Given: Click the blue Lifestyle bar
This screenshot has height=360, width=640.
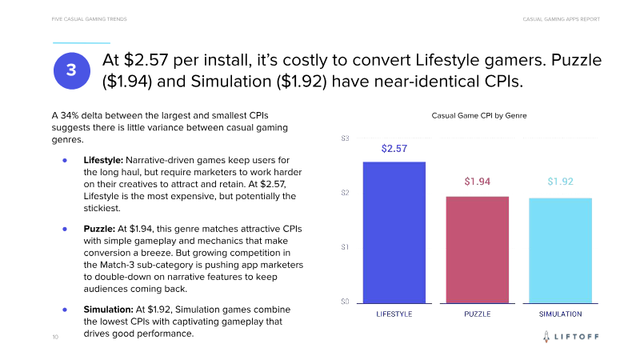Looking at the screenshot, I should (x=394, y=232).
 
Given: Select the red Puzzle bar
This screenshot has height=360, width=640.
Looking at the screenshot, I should (x=478, y=250).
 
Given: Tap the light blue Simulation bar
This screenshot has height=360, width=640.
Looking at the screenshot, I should (x=560, y=250).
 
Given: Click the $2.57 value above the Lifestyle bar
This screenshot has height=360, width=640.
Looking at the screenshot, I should (x=394, y=149).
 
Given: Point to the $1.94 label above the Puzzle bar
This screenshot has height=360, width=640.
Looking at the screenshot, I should (x=478, y=182).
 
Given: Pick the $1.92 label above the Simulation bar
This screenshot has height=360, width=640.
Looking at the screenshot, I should (x=560, y=182).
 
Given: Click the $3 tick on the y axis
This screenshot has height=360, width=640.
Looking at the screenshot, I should (x=345, y=138).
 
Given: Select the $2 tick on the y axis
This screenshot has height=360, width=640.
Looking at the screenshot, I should (x=345, y=193).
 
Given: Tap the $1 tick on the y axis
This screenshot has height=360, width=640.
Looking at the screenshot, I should (x=345, y=247).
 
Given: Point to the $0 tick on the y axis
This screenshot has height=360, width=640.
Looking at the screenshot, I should (x=345, y=302).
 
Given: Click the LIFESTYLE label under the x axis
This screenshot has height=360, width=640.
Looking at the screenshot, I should (x=394, y=314).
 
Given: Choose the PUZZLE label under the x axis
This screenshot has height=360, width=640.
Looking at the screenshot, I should (x=478, y=314).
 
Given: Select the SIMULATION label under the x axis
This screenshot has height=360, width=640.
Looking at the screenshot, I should (x=560, y=314).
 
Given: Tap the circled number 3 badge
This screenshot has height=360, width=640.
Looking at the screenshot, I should (x=71, y=71).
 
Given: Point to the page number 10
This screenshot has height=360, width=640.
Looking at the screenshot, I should (x=54, y=338).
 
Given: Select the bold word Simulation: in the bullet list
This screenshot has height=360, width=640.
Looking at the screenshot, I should (x=108, y=309).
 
